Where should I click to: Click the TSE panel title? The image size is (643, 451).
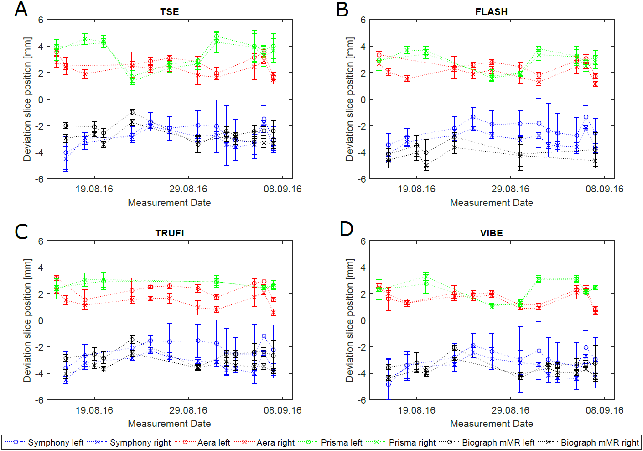[x=169, y=12]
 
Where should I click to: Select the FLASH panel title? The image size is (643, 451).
[x=491, y=12]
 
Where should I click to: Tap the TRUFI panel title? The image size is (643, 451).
[x=169, y=233]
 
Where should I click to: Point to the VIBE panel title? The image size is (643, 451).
[x=491, y=233]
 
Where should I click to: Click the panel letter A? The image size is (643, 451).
[x=21, y=10]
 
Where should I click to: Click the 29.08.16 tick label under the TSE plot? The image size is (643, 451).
[x=188, y=189]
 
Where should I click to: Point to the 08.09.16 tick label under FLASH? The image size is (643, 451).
[x=604, y=189]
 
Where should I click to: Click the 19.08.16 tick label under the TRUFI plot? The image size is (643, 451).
[x=94, y=410]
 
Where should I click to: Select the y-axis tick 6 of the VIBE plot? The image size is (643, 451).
[x=363, y=241]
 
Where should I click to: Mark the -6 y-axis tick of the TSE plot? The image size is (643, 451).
[x=41, y=179]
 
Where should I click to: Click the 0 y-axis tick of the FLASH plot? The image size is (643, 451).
[x=363, y=100]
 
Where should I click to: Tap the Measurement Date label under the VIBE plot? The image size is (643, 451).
[x=491, y=424]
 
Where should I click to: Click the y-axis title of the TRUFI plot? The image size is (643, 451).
[x=27, y=320]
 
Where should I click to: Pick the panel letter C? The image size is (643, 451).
[x=21, y=231]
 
